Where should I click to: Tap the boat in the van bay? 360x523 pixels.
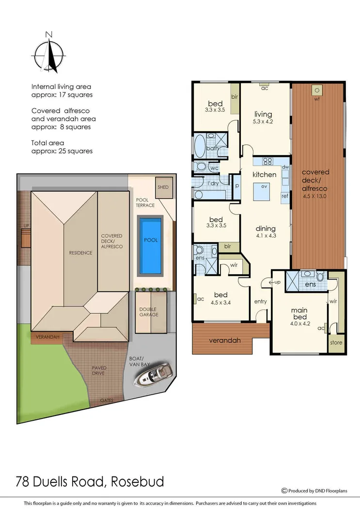tap(154, 374)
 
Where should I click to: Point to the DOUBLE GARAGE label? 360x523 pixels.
tap(148, 312)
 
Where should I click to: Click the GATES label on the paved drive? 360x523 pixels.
tap(107, 400)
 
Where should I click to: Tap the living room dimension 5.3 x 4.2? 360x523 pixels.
tap(264, 122)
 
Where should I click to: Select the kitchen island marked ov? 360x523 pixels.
tap(264, 191)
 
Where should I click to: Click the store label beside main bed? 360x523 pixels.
tap(336, 342)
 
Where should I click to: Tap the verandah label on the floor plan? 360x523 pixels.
tap(224, 340)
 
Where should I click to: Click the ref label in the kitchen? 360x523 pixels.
tap(284, 196)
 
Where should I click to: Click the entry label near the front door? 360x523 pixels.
tap(260, 302)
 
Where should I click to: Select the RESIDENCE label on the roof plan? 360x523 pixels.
tap(80, 252)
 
